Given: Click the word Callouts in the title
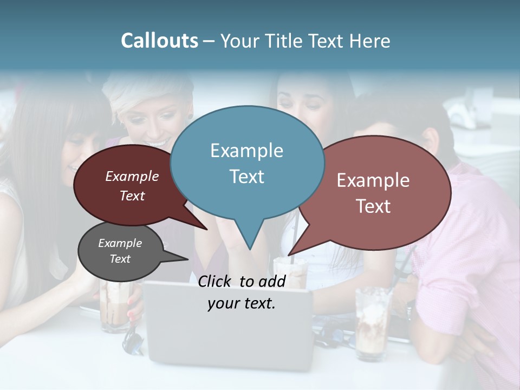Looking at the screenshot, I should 159,41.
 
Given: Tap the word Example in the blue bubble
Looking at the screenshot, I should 246,151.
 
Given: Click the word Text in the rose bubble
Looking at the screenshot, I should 373,206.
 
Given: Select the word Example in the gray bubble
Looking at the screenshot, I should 120,243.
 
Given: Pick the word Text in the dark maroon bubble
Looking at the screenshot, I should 132,196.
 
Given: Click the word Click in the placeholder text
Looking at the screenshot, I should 216,281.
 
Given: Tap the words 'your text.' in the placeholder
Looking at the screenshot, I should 241,304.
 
